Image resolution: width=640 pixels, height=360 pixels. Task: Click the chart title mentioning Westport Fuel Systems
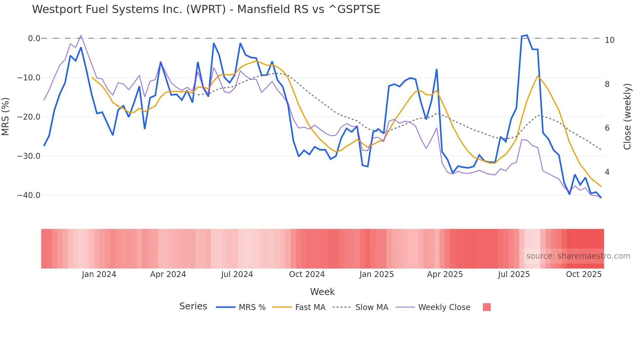click(x=206, y=9)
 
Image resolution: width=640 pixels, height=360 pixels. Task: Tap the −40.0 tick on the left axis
click(x=29, y=195)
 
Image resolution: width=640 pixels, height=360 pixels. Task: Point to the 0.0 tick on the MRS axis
click(x=34, y=39)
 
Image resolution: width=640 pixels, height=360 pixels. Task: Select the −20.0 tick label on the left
click(x=29, y=117)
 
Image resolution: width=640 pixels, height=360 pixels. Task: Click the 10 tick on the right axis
click(x=609, y=40)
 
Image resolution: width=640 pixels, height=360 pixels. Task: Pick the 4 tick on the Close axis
click(x=607, y=172)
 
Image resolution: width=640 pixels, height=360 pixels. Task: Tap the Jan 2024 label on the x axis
click(x=99, y=274)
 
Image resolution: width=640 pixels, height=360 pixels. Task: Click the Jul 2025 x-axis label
click(x=514, y=274)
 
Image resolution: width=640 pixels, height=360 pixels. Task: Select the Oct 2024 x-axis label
click(x=307, y=274)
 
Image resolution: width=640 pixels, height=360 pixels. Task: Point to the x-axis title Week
click(x=322, y=292)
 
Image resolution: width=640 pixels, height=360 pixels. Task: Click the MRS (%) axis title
click(x=6, y=117)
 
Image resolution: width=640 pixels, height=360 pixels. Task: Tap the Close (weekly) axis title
click(x=627, y=117)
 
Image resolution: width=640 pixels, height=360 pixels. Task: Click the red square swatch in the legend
click(x=487, y=307)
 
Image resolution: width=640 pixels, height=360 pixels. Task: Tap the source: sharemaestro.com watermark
click(x=578, y=256)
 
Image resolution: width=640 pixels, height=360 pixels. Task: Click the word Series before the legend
click(x=193, y=306)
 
